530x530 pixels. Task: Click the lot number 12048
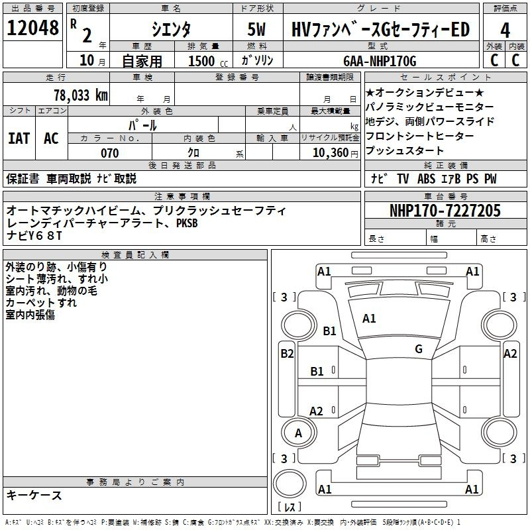32,28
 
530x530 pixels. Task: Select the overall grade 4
505,30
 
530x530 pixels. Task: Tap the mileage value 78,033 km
81,95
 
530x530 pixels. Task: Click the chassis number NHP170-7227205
445,210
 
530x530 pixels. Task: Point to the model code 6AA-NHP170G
380,61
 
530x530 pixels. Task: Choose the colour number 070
110,153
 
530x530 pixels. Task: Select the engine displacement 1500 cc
208,61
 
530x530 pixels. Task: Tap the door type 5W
256,29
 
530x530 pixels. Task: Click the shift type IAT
19,138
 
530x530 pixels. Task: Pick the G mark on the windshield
419,348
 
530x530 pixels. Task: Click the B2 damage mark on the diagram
287,354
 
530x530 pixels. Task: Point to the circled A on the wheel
299,433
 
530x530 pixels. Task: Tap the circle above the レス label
290,484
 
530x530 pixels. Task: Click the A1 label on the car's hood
369,319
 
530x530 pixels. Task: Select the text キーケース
34,496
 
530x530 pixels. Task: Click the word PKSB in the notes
187,223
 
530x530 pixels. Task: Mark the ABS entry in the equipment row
426,179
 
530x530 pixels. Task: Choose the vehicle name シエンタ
171,29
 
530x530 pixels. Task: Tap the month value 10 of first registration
87,60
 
